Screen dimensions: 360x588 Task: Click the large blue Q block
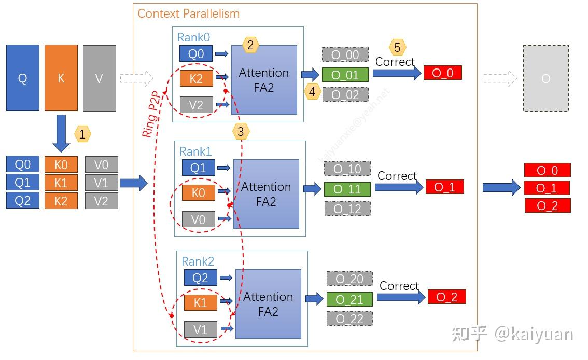23,78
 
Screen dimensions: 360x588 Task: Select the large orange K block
61,78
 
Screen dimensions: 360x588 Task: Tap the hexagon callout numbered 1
82,134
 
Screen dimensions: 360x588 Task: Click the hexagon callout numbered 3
240,132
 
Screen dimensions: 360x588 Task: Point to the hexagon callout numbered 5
397,48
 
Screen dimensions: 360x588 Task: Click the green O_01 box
345,75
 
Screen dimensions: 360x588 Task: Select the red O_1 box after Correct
444,187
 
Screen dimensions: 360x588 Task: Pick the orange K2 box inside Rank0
196,78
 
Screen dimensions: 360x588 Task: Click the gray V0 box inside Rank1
198,219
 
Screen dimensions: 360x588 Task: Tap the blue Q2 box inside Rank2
200,278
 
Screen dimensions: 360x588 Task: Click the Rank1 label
195,151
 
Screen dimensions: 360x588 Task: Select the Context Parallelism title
189,13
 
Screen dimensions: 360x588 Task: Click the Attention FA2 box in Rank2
268,304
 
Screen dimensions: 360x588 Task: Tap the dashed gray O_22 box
349,319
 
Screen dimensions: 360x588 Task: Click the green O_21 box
349,299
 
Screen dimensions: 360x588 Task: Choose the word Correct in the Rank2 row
399,286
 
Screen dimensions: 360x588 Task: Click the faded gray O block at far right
545,78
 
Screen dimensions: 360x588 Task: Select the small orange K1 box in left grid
61,183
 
